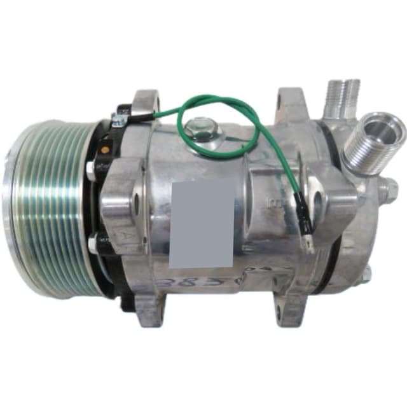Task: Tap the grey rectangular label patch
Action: pyautogui.click(x=202, y=223)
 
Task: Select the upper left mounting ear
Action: pyautogui.click(x=144, y=104)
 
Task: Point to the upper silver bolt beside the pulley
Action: pyautogui.click(x=92, y=170)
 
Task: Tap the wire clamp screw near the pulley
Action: pyautogui.click(x=118, y=119)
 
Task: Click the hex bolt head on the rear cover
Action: pyautogui.click(x=390, y=188)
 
